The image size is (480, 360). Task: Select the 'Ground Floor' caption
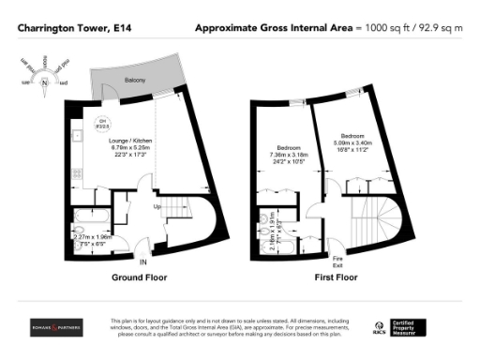(139, 277)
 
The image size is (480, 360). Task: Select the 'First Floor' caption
(336, 277)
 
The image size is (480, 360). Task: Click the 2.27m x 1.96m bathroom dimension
(93, 237)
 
